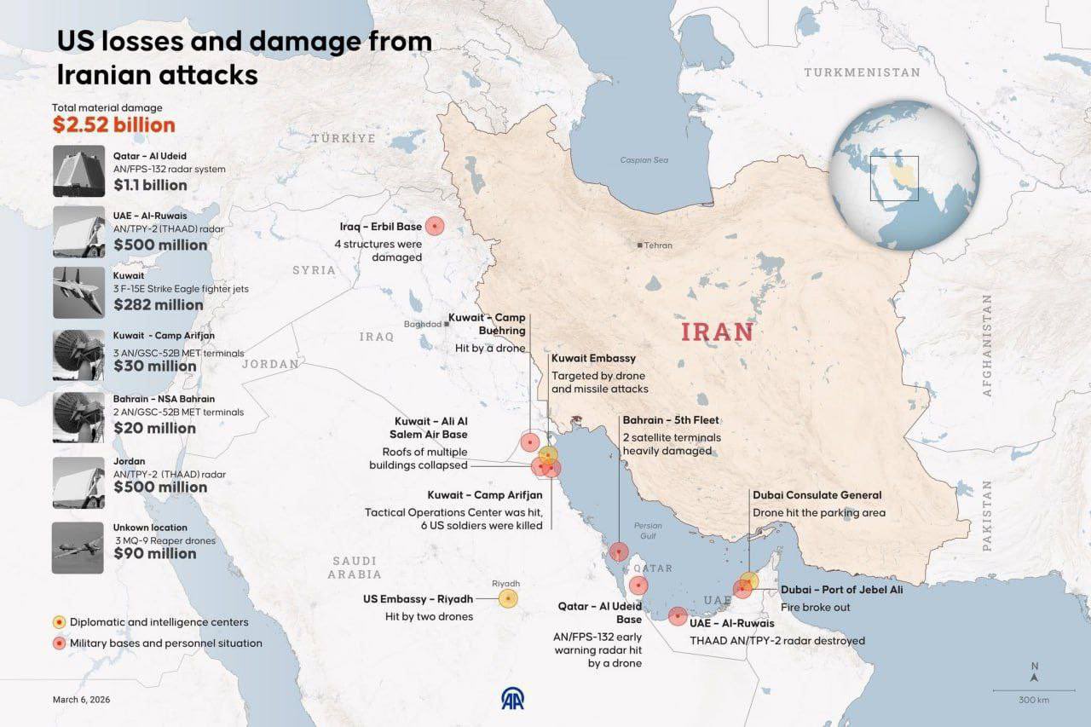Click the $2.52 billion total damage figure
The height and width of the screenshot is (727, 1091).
113,124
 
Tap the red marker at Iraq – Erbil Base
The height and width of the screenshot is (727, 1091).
436,226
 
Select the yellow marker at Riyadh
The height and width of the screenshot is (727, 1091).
508,599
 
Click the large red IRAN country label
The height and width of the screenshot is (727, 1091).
717,332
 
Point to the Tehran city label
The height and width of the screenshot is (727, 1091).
658,245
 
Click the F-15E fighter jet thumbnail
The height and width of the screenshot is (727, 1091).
78,292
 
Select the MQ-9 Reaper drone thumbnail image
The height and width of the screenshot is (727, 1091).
78,547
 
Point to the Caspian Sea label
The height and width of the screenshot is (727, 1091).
644,160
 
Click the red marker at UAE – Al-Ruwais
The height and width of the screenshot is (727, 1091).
678,615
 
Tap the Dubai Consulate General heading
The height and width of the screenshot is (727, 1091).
817,495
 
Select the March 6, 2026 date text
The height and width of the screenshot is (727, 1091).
81,700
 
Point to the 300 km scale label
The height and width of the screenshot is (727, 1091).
1033,700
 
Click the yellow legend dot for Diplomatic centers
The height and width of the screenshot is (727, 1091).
59,622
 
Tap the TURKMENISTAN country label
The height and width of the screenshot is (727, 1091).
862,72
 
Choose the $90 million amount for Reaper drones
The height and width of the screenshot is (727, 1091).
155,553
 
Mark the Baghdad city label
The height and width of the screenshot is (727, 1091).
423,324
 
